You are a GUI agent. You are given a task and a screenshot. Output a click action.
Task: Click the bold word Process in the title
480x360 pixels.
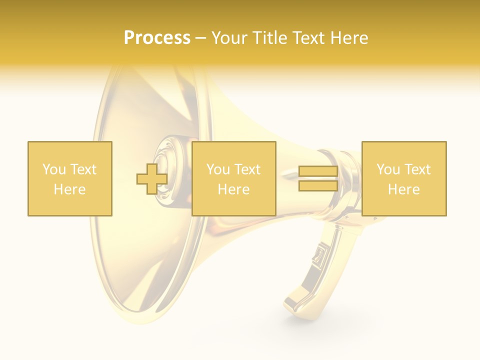[x=157, y=38]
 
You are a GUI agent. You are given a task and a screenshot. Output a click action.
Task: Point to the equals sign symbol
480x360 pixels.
[x=318, y=178]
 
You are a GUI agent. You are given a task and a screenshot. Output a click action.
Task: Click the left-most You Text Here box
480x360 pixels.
[x=69, y=178]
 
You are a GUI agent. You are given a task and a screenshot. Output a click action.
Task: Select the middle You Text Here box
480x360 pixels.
[x=233, y=178]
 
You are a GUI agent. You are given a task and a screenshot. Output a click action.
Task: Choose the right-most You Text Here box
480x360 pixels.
[x=403, y=178]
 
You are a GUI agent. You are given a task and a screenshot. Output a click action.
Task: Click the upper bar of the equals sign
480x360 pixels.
[x=318, y=171]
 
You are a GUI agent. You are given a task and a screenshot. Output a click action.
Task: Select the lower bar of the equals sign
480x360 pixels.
[x=318, y=185]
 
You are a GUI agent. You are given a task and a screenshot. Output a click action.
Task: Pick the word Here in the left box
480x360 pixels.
[x=69, y=189]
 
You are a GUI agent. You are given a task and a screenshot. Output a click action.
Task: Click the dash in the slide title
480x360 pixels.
[x=201, y=38]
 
